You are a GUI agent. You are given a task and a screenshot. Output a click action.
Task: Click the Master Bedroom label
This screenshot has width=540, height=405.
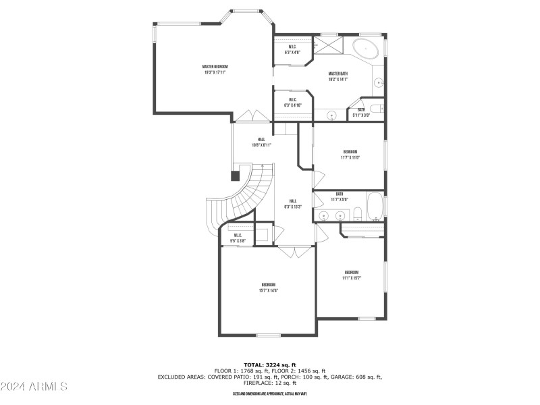pyautogui.click(x=215, y=69)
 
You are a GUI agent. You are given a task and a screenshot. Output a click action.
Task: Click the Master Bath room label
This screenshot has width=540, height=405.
pyautogui.click(x=338, y=76)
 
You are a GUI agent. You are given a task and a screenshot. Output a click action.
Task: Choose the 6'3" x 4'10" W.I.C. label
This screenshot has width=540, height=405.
pyautogui.click(x=293, y=103)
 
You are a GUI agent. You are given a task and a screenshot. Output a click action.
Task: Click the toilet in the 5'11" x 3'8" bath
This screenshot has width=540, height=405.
pyautogui.click(x=375, y=107)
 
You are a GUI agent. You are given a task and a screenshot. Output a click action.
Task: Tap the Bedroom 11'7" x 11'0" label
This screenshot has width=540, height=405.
pyautogui.click(x=350, y=155)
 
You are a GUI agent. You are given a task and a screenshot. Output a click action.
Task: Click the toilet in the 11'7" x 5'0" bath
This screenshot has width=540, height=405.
pyautogui.click(x=358, y=215)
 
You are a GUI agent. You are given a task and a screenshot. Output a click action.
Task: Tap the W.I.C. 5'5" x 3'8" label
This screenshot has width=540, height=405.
pyautogui.click(x=238, y=238)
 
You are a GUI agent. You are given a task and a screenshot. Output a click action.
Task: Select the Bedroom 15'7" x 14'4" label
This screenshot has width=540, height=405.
pyautogui.click(x=268, y=288)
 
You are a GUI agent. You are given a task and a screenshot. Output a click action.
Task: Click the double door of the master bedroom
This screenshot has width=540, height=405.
pyautogui.click(x=243, y=116)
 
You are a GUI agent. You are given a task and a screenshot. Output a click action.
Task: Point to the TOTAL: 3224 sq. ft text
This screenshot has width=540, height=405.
pyautogui.click(x=269, y=364)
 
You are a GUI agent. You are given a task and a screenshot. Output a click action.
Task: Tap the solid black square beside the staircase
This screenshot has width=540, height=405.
pyautogui.click(x=235, y=175)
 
